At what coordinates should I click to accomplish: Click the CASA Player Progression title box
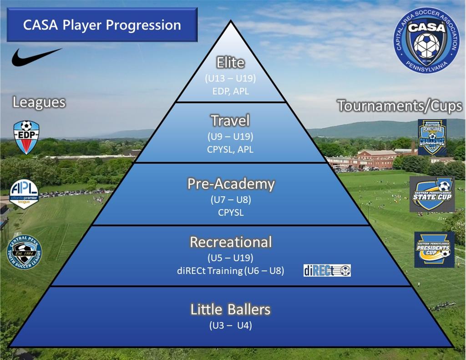(102, 25)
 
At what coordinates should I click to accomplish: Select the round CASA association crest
(426, 40)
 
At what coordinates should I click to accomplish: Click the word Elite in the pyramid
(230, 62)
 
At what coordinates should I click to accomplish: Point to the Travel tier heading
(230, 121)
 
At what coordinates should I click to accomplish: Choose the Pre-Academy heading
(231, 184)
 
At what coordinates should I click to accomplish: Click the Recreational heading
(230, 242)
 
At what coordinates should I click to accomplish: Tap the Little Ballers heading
(230, 309)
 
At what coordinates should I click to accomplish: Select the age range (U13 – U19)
(230, 78)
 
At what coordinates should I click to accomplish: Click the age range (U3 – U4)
(230, 325)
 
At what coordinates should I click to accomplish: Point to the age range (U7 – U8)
(230, 199)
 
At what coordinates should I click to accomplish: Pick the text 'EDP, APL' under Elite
(230, 91)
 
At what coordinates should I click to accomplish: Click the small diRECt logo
(327, 270)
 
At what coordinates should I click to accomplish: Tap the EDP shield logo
(26, 137)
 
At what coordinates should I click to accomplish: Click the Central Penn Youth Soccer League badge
(24, 252)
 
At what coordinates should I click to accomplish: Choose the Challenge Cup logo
(432, 137)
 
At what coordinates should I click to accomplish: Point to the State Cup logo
(432, 194)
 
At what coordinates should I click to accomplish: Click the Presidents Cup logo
(434, 249)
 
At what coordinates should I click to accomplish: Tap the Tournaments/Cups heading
(400, 106)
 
